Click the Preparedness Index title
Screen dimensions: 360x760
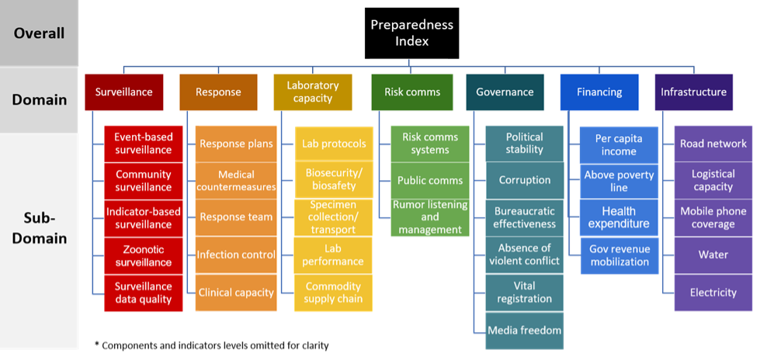(x=411, y=33)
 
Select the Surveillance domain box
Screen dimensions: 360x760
(x=123, y=92)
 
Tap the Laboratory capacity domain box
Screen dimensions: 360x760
(x=313, y=92)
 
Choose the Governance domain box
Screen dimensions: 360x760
(x=505, y=92)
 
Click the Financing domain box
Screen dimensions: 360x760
(x=599, y=92)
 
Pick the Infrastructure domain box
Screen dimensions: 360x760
(x=693, y=92)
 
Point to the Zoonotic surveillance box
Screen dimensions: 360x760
(x=143, y=255)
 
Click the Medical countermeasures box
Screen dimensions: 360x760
(x=236, y=180)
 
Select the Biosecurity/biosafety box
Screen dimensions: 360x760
(x=328, y=180)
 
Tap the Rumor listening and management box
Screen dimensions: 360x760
(x=430, y=217)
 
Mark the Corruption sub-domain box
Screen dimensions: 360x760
(x=524, y=180)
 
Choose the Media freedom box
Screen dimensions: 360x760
(x=524, y=331)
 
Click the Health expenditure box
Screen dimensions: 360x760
(x=619, y=217)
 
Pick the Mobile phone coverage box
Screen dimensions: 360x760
(x=713, y=217)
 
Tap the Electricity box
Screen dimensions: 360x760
(x=713, y=292)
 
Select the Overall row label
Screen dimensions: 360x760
(x=39, y=33)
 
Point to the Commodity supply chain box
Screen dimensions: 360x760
(x=328, y=292)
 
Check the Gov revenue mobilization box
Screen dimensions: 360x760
(x=619, y=255)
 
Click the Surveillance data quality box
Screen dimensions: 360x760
(x=143, y=292)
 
